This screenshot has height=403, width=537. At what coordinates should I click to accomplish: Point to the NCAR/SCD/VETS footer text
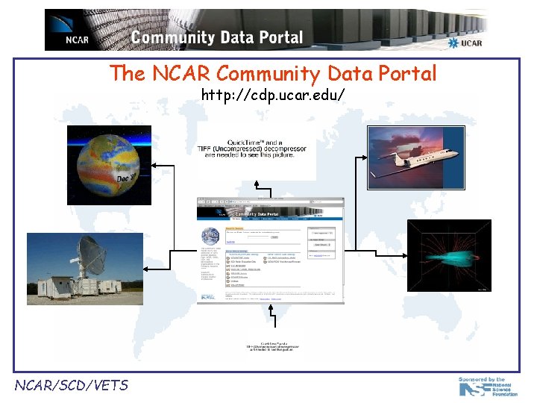click(x=72, y=385)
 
